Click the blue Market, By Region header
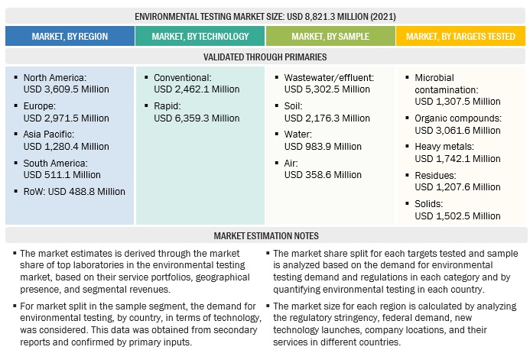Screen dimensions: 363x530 [70, 36]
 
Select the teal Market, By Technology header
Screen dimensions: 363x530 [200, 36]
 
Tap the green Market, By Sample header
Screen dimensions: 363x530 [330, 36]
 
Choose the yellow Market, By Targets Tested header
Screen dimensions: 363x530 [461, 36]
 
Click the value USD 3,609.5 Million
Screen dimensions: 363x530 [67, 89]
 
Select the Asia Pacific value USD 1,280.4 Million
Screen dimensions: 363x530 [67, 146]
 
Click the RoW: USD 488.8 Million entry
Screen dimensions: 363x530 [74, 191]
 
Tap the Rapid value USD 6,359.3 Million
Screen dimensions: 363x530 [197, 118]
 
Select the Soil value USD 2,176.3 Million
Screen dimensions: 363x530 [327, 118]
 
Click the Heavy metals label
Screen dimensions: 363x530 [444, 146]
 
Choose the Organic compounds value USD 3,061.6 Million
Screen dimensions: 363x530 [457, 129]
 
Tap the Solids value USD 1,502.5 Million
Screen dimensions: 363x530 [457, 216]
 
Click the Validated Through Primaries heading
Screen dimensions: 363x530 [265, 57]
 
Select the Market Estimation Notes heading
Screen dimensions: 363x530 [265, 235]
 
